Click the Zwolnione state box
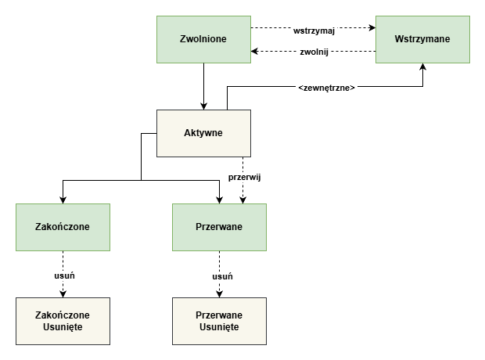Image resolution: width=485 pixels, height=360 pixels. [x=203, y=39]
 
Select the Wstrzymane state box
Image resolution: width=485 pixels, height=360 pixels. [x=422, y=39]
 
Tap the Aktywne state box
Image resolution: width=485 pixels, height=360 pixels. [x=203, y=133]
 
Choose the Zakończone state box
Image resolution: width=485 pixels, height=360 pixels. [x=63, y=227]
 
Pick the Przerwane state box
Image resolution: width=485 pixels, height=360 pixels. [x=219, y=227]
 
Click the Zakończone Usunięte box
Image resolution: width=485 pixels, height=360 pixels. [x=63, y=321]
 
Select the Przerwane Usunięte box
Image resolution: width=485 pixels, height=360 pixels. [x=219, y=321]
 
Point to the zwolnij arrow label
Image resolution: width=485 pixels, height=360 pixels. [x=314, y=52]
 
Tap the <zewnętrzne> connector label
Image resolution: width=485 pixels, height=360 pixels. [x=327, y=88]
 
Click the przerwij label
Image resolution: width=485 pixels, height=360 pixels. [x=243, y=177]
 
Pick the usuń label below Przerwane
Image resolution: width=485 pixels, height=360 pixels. [x=221, y=276]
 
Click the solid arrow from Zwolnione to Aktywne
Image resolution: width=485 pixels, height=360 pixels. [x=203, y=86]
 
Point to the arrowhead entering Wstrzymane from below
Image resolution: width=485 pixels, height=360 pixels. [x=422, y=67]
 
